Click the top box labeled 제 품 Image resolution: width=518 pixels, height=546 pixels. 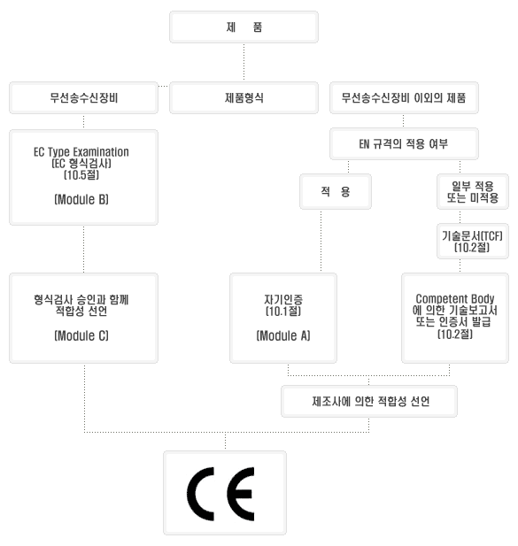[244, 27]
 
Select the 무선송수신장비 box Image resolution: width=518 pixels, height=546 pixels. [83, 98]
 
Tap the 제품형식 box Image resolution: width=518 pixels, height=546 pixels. [244, 98]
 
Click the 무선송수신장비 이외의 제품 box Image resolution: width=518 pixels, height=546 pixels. [404, 98]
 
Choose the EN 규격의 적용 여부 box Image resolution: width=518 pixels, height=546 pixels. [404, 144]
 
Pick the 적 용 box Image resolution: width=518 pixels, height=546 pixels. [336, 191]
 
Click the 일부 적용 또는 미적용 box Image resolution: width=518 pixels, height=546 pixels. [473, 191]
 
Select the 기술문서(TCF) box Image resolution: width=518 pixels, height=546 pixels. [473, 242]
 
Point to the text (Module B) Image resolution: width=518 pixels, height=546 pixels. [81, 199]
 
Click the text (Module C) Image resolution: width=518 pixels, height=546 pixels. [81, 335]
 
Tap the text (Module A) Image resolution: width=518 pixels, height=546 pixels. [283, 335]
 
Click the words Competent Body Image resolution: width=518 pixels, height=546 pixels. [455, 299]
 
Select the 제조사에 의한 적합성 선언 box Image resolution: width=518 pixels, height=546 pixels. [369, 401]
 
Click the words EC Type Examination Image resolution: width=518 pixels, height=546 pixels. [81, 152]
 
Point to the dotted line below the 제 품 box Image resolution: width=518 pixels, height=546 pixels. [244, 63]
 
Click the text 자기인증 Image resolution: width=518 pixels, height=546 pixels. [283, 299]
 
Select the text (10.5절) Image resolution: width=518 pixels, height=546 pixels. [81, 175]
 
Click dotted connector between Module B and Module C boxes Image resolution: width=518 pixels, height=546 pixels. [83, 250]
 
